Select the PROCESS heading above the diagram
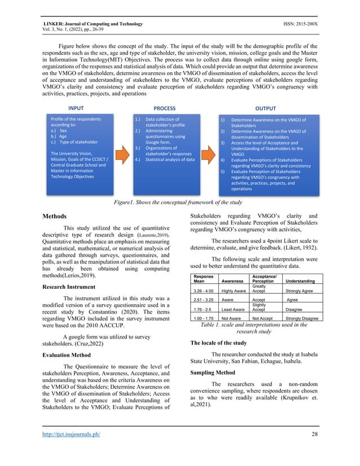[165, 108]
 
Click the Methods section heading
[58, 216]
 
